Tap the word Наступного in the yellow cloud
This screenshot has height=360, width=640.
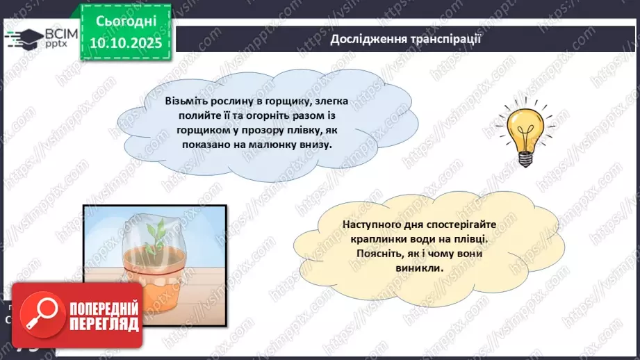click(370, 224)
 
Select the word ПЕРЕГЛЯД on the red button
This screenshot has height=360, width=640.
click(105, 324)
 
